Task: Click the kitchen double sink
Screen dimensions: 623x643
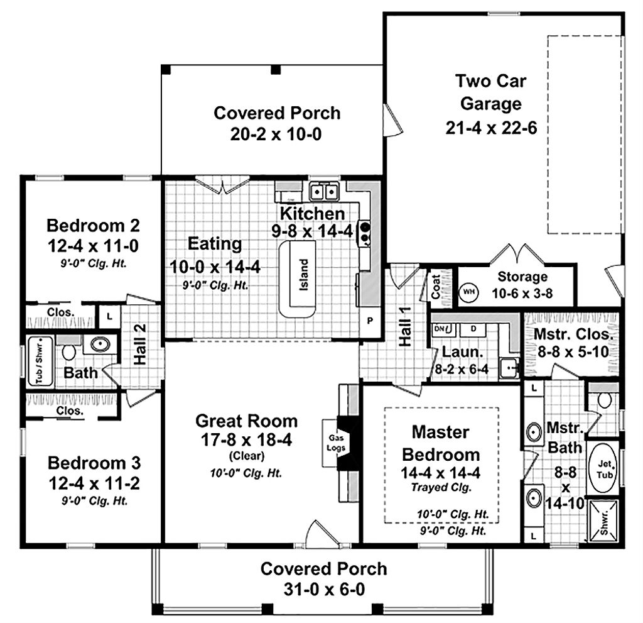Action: pyautogui.click(x=324, y=189)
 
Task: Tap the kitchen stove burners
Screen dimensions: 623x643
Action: pyautogui.click(x=364, y=233)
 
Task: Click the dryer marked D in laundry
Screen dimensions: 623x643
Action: pyautogui.click(x=474, y=329)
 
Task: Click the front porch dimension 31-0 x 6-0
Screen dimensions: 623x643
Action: pyautogui.click(x=323, y=590)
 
